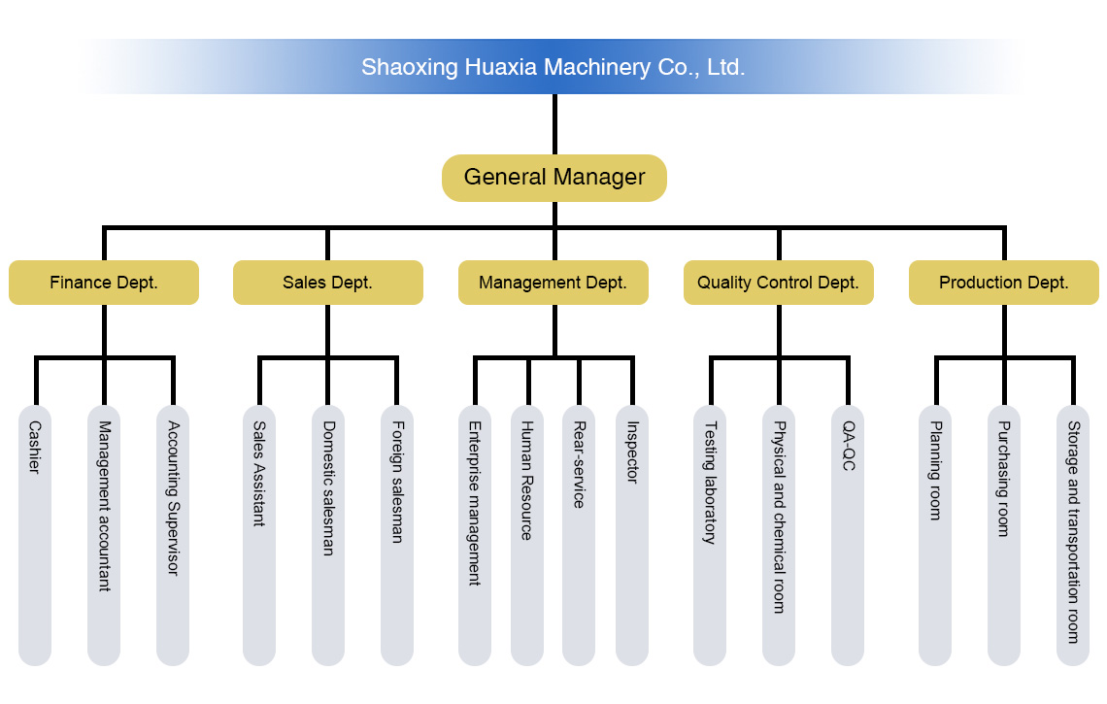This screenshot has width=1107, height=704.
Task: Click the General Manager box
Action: [x=554, y=178]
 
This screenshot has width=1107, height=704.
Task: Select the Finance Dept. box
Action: [x=104, y=283]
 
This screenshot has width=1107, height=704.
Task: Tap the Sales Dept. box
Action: [x=327, y=283]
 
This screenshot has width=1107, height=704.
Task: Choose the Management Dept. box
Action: [x=553, y=283]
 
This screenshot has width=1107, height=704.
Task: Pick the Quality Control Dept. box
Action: [x=778, y=283]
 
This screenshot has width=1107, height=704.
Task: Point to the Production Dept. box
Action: [x=1004, y=283]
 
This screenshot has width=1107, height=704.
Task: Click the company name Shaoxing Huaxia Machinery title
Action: [x=553, y=67]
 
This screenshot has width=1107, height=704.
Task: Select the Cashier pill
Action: [x=35, y=534]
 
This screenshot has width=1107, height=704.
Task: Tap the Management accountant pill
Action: [x=104, y=534]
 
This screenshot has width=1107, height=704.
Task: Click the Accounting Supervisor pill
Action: [x=173, y=534]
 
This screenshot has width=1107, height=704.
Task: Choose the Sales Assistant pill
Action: [x=259, y=534]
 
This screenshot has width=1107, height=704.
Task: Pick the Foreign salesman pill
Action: [x=396, y=534]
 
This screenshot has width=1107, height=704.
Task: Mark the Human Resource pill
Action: [x=526, y=534]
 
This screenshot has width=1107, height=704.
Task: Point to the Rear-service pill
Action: [x=579, y=534]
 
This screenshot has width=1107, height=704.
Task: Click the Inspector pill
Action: [x=632, y=534]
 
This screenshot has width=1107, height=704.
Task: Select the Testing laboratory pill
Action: [x=710, y=534]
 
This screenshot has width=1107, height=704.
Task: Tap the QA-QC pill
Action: [x=848, y=534]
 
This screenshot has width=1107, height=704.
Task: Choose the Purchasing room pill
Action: [x=1004, y=534]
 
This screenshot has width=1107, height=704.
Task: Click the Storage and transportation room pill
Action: [x=1073, y=534]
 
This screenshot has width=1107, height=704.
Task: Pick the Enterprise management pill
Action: [x=474, y=534]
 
